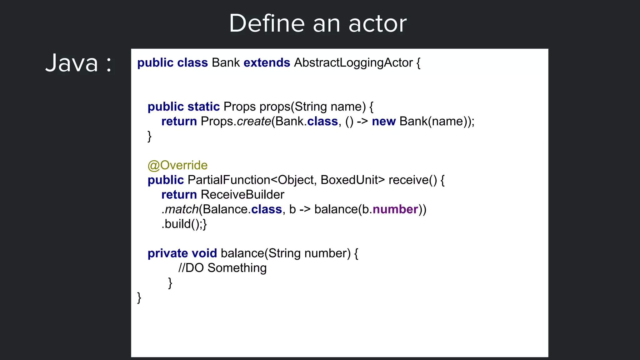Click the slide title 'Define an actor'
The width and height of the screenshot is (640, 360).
[x=318, y=23]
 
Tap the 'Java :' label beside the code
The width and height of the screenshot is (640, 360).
[x=78, y=63]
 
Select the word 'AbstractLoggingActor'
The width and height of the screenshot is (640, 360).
[x=353, y=63]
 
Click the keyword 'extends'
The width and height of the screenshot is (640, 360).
[x=267, y=63]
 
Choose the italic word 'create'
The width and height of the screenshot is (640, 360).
[x=254, y=122]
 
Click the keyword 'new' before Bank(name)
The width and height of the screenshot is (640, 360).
[x=383, y=122]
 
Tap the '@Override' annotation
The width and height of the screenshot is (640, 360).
[x=177, y=165]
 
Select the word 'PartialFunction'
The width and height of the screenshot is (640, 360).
[x=229, y=180]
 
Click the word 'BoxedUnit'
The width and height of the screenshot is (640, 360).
[x=349, y=180]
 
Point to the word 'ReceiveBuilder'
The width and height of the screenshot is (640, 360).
[x=242, y=195]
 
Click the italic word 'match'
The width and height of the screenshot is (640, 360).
[x=182, y=209]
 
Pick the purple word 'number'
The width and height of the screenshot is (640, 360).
[x=395, y=209]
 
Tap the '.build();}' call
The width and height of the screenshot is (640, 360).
[x=184, y=224]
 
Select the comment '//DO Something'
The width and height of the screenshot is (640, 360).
[x=222, y=268]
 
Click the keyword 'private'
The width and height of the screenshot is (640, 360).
[x=167, y=253]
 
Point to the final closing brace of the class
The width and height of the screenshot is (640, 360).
[x=139, y=297]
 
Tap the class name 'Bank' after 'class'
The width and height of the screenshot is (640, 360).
[x=226, y=63]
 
